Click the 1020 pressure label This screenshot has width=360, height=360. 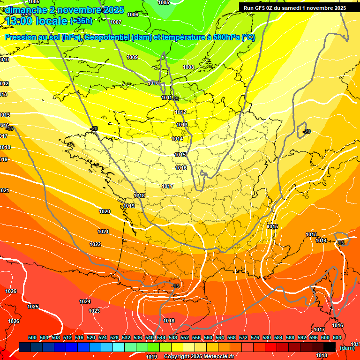pos(105,211)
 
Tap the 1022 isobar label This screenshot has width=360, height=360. pos(95,244)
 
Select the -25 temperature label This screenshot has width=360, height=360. pos(176,99)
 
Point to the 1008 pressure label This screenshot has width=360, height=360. pos(188,67)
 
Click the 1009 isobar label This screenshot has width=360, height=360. pos(132,57)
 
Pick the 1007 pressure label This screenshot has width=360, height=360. pos(116,22)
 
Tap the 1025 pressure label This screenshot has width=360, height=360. pos(33,307)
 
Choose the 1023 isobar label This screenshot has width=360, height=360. pos(94,311)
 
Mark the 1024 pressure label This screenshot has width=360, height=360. pos(85,301)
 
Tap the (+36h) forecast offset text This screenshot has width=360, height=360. pos(81,21)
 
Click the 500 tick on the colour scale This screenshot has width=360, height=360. pos(32,337)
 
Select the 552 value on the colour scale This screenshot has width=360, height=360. pos(185,337)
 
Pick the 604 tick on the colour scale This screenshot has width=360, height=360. pos(337,337)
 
